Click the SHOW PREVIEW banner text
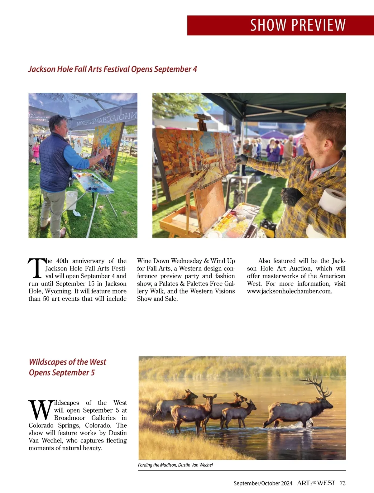click(x=298, y=25)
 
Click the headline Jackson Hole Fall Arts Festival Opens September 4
click(x=113, y=69)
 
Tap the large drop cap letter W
click(x=41, y=410)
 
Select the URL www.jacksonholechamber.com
click(x=290, y=291)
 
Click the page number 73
click(x=343, y=483)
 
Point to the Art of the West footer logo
click(x=316, y=483)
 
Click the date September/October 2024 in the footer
click(x=263, y=483)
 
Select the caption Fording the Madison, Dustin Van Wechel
click(x=175, y=465)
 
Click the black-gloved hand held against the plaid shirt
click(x=291, y=196)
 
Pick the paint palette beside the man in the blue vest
click(x=93, y=184)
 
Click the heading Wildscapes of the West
click(x=67, y=362)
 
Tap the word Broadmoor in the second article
click(x=70, y=418)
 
